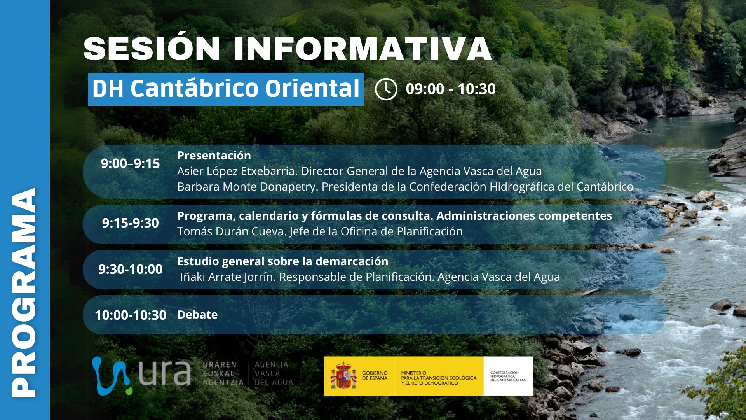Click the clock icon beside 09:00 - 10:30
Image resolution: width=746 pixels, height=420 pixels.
(386, 89)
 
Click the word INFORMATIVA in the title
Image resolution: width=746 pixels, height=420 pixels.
(363, 49)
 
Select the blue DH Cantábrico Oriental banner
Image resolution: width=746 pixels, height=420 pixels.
(226, 89)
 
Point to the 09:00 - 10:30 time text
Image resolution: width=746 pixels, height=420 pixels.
(451, 89)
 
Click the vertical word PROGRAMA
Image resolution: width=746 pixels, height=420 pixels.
(24, 293)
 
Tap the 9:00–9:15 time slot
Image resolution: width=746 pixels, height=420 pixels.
(131, 164)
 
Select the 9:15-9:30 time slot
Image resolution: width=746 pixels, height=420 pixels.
(131, 223)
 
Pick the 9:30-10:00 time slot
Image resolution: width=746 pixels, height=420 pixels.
(131, 269)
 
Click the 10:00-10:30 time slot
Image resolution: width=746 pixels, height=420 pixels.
(131, 315)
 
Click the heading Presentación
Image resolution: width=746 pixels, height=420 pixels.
(214, 156)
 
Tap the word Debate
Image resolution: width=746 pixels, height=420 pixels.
(197, 314)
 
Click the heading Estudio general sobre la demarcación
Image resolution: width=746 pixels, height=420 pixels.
(283, 261)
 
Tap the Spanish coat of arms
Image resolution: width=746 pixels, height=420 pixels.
(343, 376)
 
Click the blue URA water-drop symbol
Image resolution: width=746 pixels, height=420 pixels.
(111, 376)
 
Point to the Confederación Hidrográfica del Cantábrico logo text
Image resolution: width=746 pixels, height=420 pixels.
(508, 376)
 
